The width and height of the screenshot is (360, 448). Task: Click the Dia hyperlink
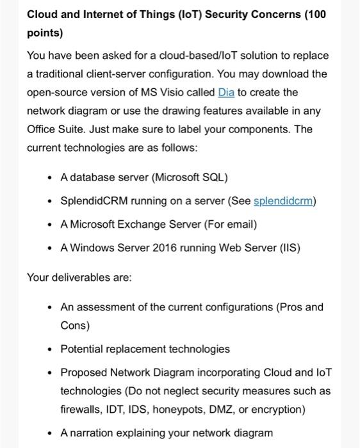(x=227, y=92)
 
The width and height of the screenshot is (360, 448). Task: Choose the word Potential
(x=82, y=349)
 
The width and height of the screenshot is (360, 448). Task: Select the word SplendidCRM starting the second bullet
(x=94, y=201)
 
